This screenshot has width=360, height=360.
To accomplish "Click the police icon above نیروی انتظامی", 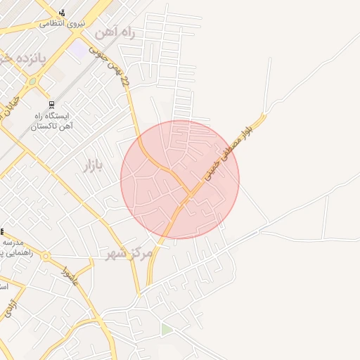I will (x=63, y=13).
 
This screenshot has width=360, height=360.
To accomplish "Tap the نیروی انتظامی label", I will (x=62, y=23).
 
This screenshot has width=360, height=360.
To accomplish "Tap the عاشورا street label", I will (x=70, y=277).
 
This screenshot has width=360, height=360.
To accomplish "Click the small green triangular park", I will (x=166, y=329).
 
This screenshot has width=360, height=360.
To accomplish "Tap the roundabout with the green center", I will (x=32, y=82).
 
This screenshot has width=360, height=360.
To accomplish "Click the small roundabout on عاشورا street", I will (x=46, y=257).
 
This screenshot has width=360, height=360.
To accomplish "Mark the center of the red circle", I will (x=180, y=179).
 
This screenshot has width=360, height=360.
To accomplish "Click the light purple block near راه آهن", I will (x=79, y=50).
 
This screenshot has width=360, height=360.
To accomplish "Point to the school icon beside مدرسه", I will (x=2, y=231).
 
